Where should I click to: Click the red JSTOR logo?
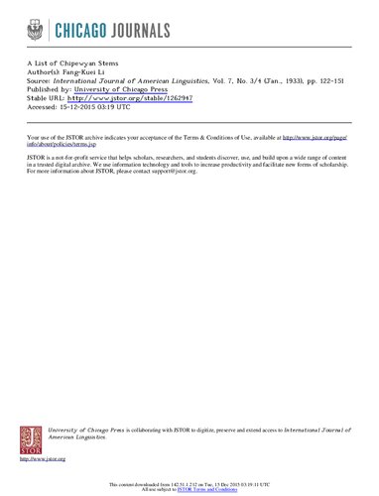coord(31,440)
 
